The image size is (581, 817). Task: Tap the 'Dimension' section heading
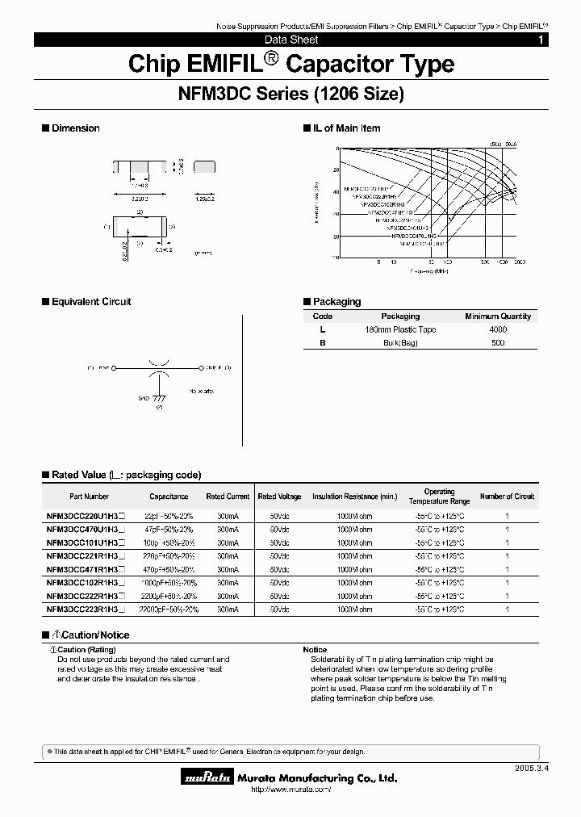tap(75, 128)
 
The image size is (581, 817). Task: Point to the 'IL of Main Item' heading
tap(346, 128)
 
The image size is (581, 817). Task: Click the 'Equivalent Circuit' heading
tap(90, 302)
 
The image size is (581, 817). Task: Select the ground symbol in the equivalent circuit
tap(159, 398)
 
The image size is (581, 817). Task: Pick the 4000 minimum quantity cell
tap(498, 329)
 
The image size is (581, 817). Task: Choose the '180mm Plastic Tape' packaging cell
tap(399, 329)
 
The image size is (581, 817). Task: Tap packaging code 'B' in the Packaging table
tap(322, 342)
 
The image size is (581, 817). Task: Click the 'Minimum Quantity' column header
tap(498, 316)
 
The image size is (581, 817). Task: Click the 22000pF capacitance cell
tap(169, 610)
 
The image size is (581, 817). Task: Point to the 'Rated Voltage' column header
tap(279, 496)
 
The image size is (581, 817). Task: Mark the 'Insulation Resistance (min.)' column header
tap(355, 496)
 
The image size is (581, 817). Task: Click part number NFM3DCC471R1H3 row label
tap(86, 569)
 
